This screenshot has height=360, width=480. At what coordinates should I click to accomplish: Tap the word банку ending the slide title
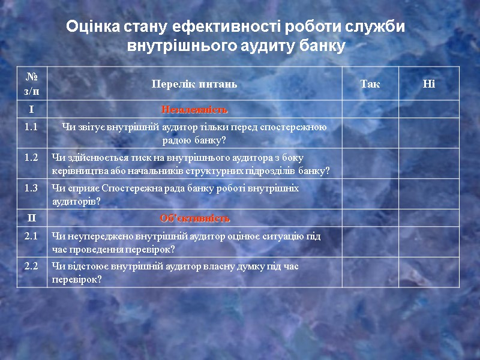324,46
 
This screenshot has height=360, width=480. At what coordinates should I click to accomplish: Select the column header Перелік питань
194,83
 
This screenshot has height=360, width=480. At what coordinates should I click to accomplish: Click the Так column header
370,83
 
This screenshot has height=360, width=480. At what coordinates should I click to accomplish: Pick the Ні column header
428,83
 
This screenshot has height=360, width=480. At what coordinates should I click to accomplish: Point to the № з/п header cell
32,83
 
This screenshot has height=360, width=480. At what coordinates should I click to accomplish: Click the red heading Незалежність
194,110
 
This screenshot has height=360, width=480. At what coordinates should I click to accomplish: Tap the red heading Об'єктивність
194,217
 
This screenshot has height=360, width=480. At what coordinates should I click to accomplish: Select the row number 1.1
32,127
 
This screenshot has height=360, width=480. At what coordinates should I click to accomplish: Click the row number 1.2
32,157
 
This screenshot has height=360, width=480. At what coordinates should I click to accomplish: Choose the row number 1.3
32,188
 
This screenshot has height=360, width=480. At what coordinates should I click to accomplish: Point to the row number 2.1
32,236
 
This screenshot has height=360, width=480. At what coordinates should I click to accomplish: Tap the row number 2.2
32,266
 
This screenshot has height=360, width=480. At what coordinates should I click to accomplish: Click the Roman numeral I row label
32,110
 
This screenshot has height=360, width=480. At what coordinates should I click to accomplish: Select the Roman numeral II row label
32,217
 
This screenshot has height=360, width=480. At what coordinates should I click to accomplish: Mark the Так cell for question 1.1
370,133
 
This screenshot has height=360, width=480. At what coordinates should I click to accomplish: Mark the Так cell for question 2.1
370,242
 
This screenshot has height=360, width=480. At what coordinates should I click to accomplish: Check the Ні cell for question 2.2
428,272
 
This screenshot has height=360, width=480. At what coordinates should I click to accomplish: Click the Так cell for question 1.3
370,194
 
